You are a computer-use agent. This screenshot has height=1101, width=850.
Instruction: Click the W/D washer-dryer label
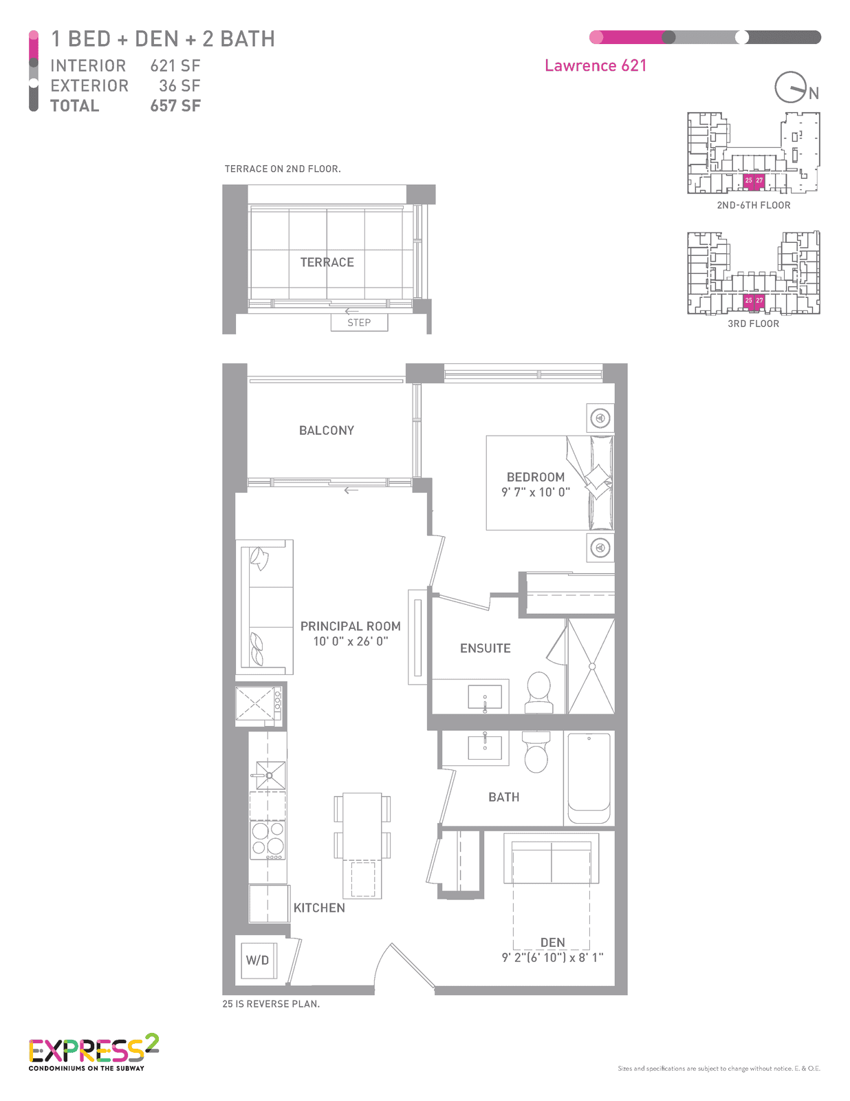(x=257, y=960)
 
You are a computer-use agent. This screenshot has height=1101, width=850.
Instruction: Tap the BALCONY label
(x=327, y=430)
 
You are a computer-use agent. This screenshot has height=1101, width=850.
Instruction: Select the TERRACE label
(x=327, y=262)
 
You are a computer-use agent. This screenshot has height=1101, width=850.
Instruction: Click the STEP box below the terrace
(x=359, y=322)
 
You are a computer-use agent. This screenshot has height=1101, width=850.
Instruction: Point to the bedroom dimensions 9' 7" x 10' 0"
(x=536, y=492)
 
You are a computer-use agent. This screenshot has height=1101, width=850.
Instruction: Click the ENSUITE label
(x=485, y=648)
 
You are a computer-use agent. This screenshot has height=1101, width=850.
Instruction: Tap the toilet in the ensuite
(x=538, y=692)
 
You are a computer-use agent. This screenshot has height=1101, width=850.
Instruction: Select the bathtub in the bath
(x=589, y=778)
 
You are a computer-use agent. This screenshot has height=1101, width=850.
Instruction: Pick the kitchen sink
(x=270, y=776)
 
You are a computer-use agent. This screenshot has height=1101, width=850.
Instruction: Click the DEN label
(x=552, y=943)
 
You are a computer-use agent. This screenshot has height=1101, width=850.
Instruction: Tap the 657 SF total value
(x=175, y=105)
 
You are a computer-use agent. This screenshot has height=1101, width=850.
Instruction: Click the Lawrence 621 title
(x=596, y=65)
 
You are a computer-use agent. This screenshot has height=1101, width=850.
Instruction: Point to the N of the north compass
(x=814, y=94)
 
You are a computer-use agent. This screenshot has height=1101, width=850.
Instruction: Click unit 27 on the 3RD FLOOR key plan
(x=759, y=301)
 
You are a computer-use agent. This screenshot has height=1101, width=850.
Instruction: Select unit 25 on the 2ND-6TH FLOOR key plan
(x=749, y=181)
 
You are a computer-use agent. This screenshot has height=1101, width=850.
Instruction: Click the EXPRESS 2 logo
(x=94, y=1052)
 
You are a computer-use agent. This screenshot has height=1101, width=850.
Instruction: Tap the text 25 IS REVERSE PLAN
(x=271, y=1004)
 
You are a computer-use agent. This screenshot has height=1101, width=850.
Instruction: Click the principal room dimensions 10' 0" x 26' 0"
(x=350, y=641)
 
